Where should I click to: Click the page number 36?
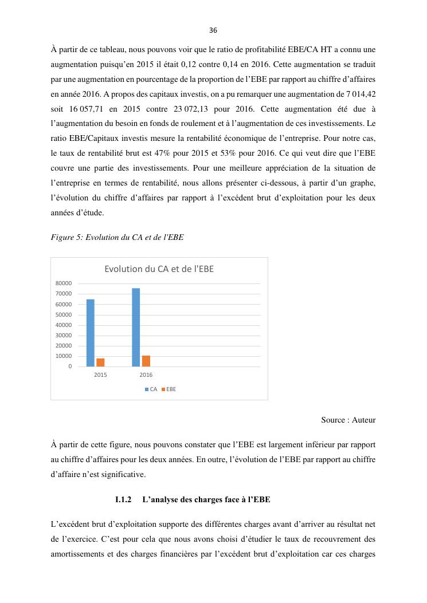[213, 30]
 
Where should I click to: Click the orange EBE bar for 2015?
[100, 362]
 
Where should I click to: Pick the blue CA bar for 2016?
[136, 327]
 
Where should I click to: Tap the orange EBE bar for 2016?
[146, 361]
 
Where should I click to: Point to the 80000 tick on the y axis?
[64, 283]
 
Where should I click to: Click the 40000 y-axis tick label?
[64, 325]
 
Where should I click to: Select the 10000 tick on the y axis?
[64, 356]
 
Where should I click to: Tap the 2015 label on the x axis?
[100, 375]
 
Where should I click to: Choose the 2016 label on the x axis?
[146, 375]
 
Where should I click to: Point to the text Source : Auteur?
[348, 420]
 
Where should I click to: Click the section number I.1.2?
[123, 500]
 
